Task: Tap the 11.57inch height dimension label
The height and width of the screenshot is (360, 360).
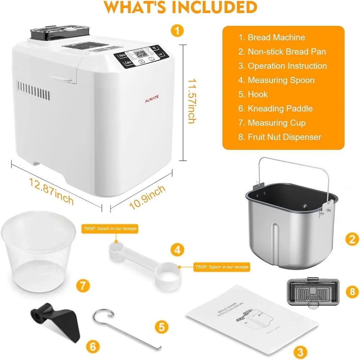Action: (191, 102)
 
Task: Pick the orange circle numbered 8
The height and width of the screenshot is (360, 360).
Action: (352, 292)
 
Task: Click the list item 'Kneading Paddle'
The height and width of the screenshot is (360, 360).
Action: (280, 108)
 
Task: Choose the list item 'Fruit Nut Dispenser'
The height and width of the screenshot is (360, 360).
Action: (284, 137)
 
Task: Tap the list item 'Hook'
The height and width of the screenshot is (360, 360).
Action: (257, 94)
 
